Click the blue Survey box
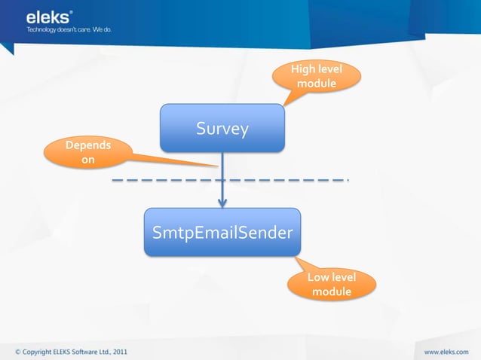tap(222, 128)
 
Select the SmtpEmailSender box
tap(222, 232)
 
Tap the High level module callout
tap(317, 76)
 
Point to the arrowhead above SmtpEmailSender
tap(222, 202)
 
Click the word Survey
tap(222, 129)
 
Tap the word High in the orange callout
tap(303, 69)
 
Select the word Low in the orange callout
tap(317, 278)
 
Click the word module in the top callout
tap(317, 83)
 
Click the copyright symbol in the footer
tap(18, 351)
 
